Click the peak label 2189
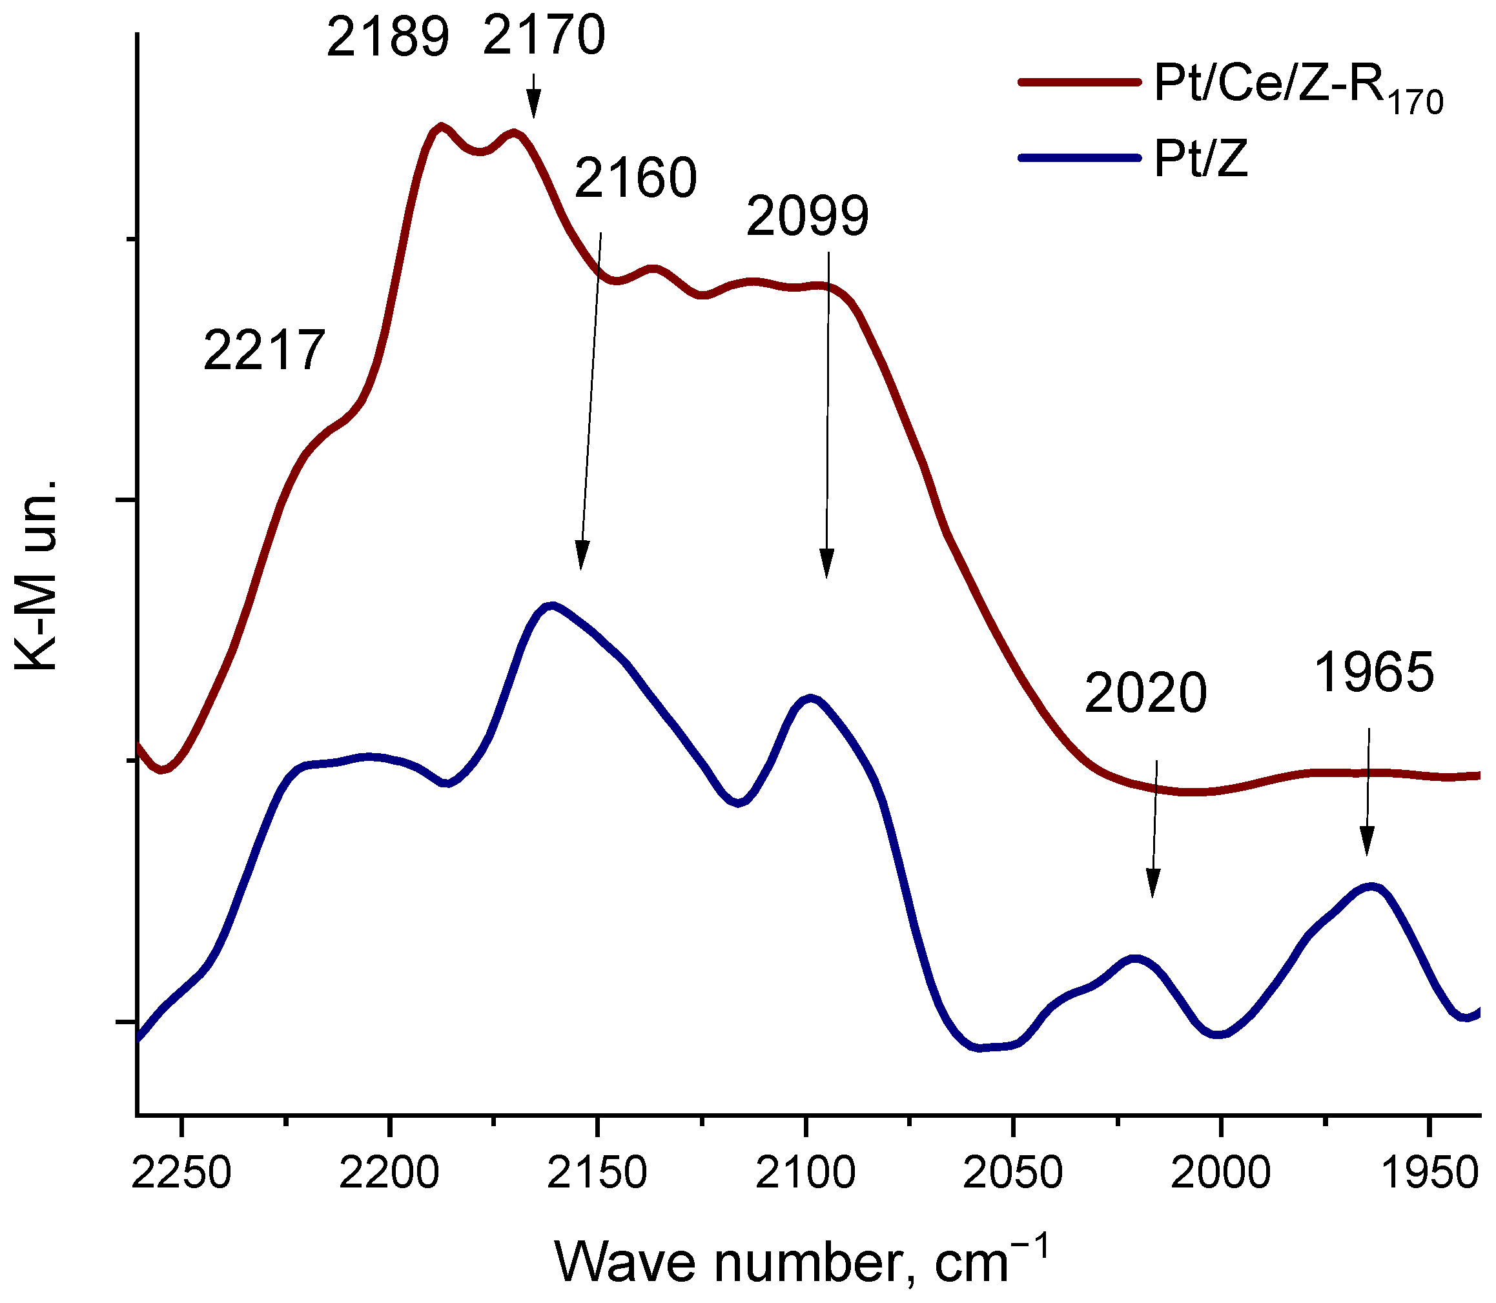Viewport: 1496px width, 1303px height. [387, 38]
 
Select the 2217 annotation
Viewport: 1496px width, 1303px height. [263, 351]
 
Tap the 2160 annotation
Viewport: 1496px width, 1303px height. [635, 178]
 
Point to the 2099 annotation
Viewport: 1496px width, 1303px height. [807, 216]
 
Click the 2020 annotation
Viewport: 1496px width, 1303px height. [1145, 693]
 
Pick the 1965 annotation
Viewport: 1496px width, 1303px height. [1374, 672]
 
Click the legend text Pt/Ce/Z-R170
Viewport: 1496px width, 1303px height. [1297, 88]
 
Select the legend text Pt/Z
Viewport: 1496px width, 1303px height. [1201, 159]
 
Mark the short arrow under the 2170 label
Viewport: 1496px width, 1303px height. [534, 96]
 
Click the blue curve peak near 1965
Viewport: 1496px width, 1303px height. [1371, 886]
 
